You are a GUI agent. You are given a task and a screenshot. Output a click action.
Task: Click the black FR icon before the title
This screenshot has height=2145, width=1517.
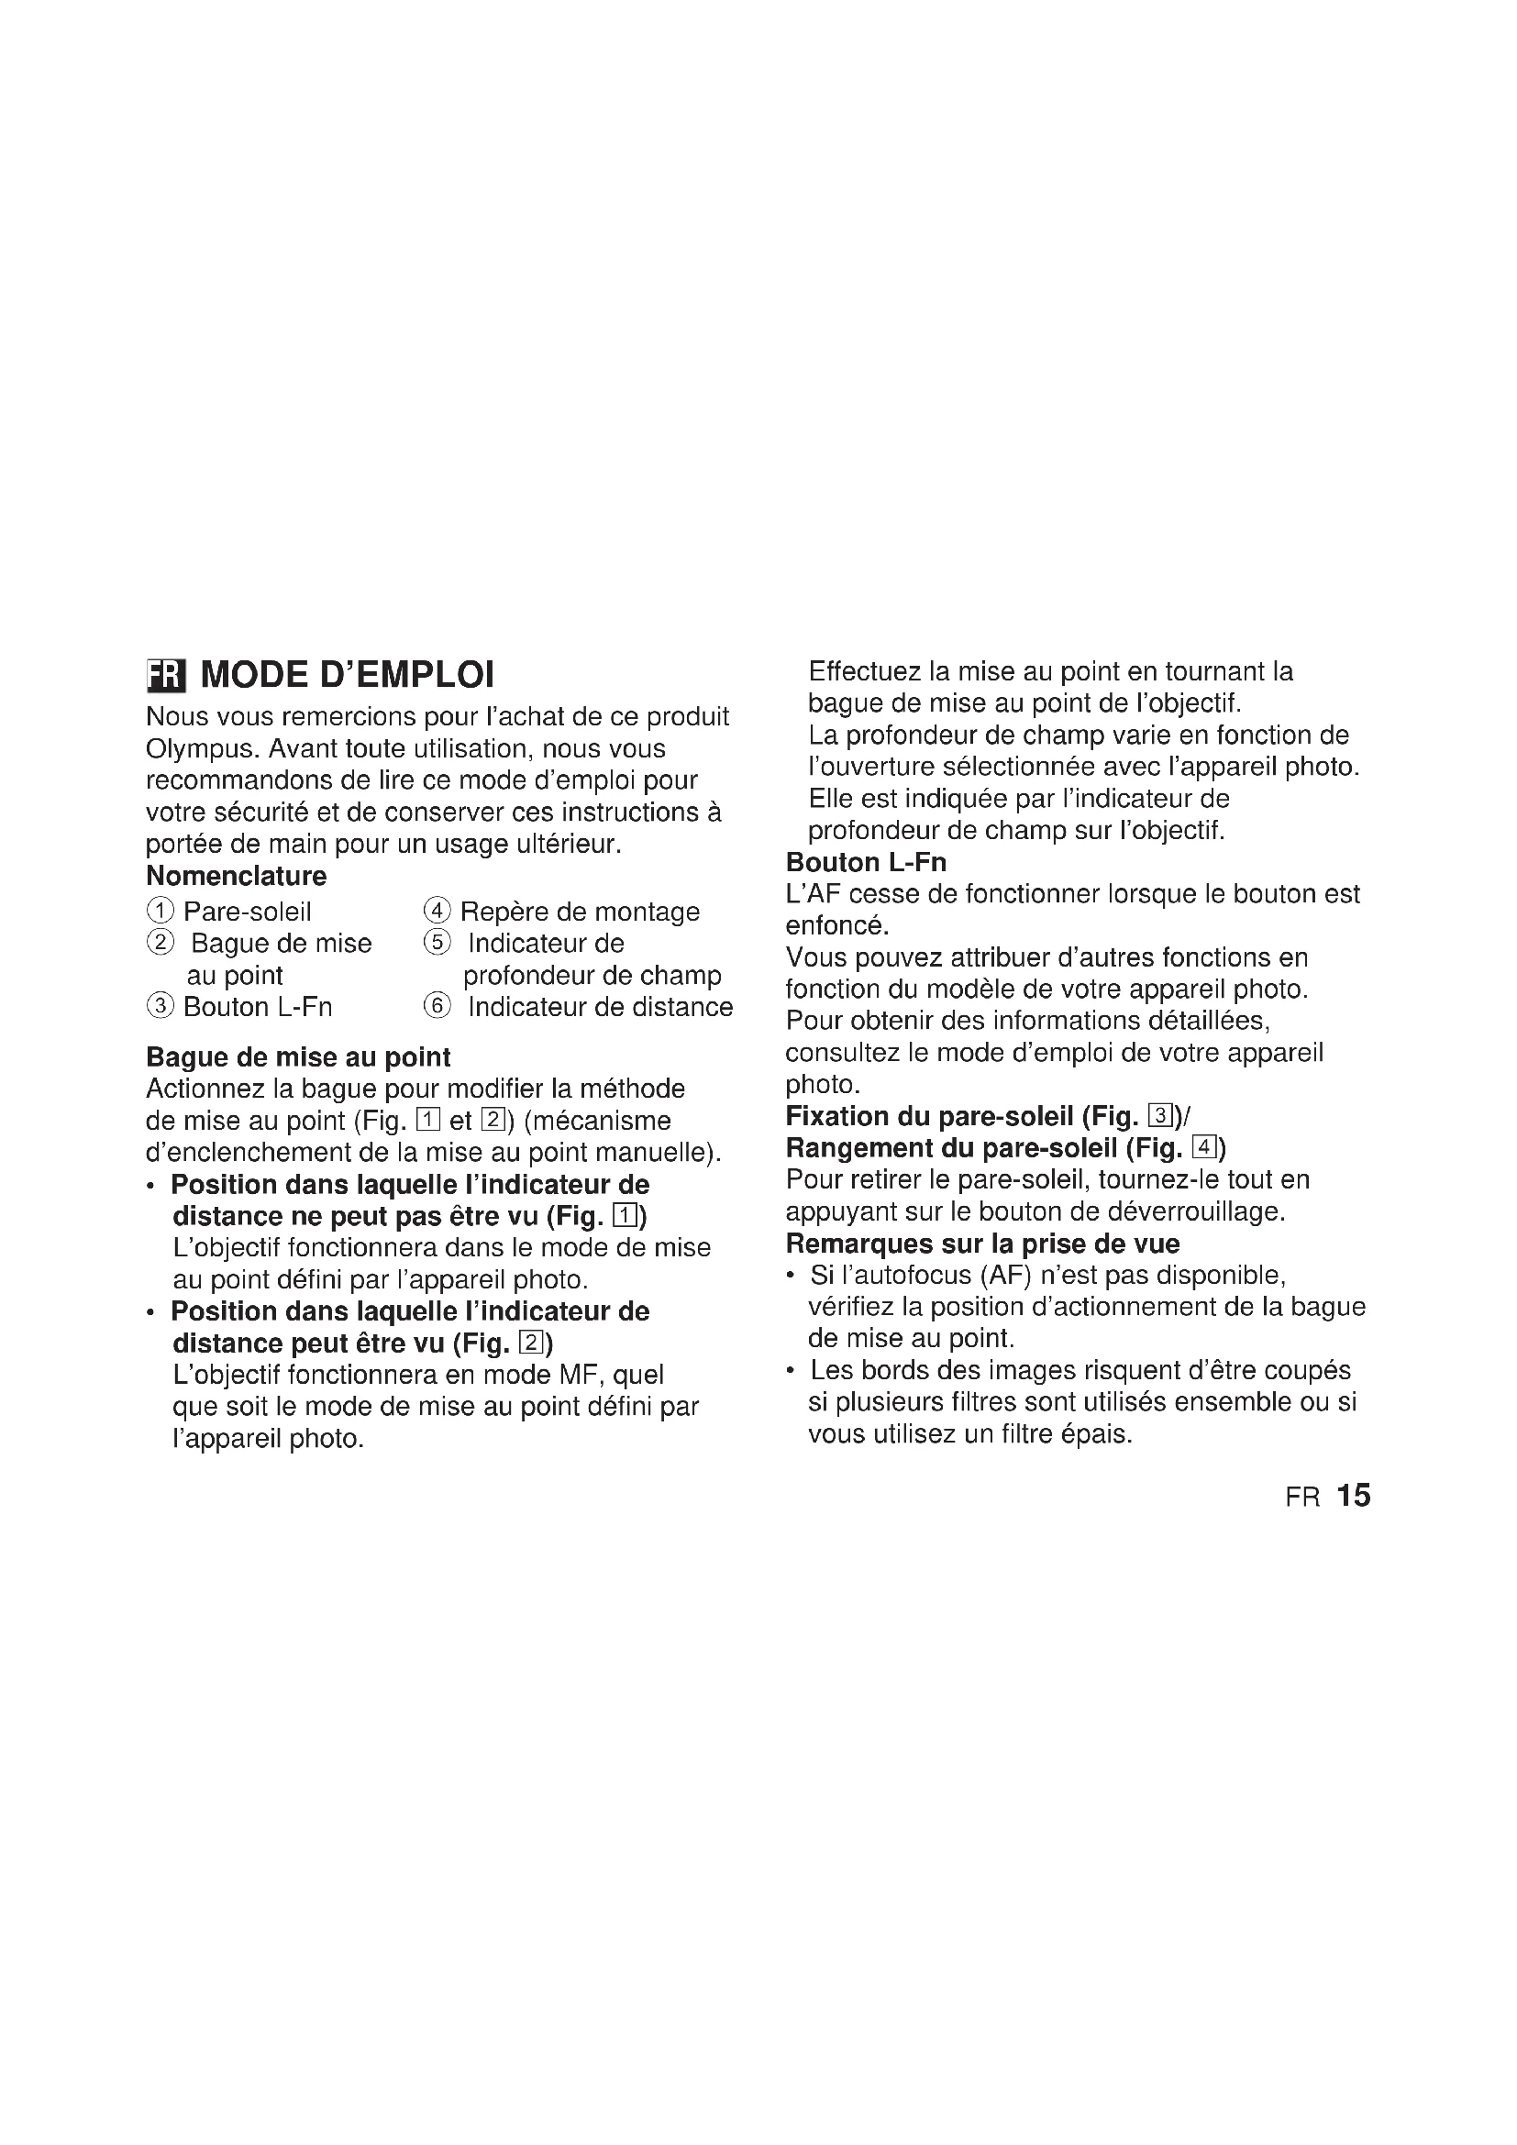click(166, 676)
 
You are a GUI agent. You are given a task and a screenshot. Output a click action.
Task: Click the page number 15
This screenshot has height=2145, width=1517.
click(1353, 1496)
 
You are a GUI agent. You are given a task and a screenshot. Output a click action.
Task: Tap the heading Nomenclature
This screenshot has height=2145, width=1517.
click(237, 877)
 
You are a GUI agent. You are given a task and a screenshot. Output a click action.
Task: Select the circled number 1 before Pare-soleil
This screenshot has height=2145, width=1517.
click(161, 911)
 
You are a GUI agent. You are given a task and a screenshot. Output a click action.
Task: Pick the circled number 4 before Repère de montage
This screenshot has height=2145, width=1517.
click(437, 911)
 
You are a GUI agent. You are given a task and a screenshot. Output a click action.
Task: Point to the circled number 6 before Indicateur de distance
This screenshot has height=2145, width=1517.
click(437, 1007)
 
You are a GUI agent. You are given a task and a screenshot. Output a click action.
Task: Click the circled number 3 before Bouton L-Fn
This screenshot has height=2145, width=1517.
click(161, 1007)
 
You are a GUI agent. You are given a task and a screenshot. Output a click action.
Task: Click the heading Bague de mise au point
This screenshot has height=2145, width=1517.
click(298, 1057)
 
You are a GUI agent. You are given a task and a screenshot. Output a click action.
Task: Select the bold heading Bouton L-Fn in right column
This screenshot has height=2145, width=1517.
click(866, 862)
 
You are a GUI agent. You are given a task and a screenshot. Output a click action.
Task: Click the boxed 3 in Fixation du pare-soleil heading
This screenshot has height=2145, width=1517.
click(1160, 1116)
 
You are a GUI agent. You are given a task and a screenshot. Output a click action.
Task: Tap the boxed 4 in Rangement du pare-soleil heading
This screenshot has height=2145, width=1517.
click(1203, 1148)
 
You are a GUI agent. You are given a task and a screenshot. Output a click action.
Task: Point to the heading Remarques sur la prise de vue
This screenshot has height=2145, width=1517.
click(982, 1244)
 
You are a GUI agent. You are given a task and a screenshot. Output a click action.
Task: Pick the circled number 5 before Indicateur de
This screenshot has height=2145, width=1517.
click(437, 944)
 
